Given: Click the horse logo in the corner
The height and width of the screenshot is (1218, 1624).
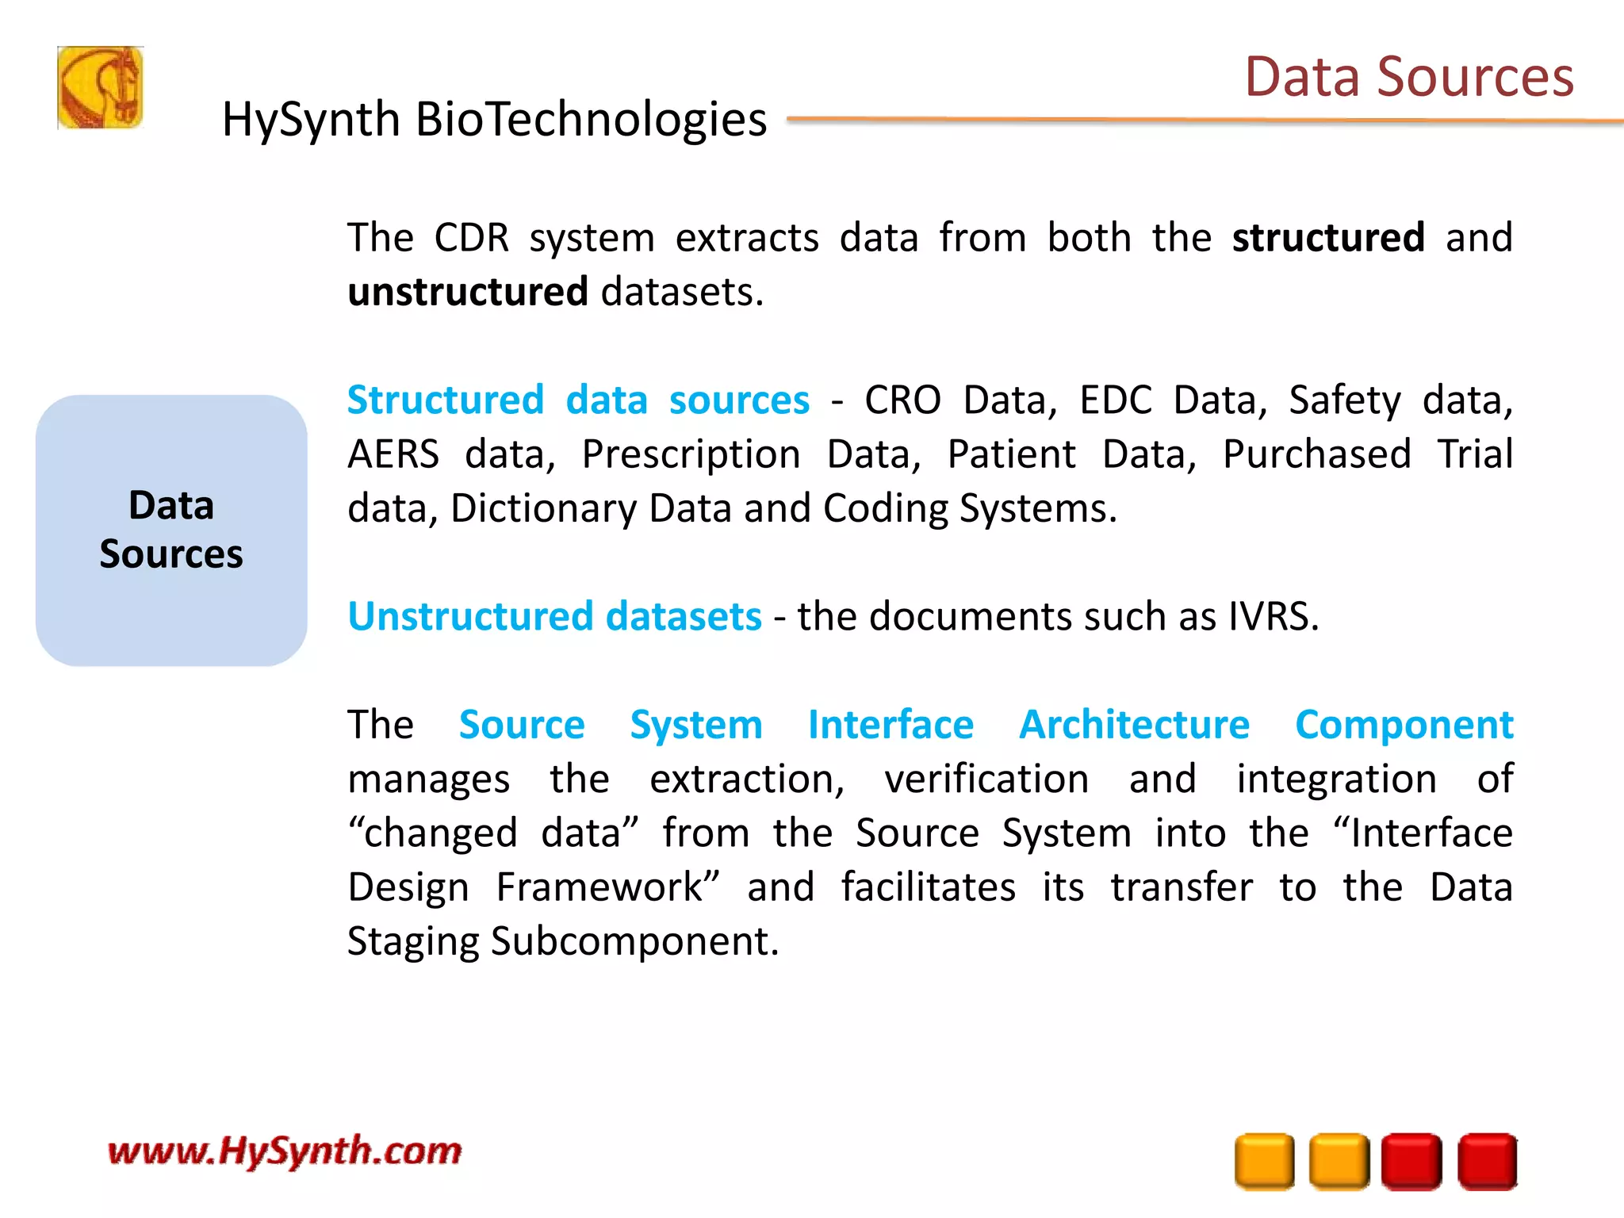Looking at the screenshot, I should point(100,87).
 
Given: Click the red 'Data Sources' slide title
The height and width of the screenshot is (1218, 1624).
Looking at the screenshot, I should point(1408,77).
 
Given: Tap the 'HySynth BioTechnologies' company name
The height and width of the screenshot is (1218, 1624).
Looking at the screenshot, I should point(494,120).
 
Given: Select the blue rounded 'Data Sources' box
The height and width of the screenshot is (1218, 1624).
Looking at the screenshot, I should point(171,530).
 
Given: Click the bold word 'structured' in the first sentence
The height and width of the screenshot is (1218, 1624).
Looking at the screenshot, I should point(1328,238).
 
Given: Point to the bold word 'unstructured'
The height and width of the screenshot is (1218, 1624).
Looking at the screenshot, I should point(468,292).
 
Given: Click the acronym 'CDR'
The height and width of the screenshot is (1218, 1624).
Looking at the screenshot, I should point(472,238).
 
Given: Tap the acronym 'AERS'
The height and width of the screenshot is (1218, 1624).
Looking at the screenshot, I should point(393,454).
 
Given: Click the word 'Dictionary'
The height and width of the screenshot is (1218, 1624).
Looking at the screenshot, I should point(543,508).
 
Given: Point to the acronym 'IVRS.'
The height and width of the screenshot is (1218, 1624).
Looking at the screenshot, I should point(1274,616).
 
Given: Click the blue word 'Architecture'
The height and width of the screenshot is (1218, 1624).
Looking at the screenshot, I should point(1134,725).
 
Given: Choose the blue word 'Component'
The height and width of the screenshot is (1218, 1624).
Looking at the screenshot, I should point(1404,725).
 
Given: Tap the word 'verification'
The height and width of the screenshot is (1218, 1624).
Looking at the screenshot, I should point(986,779).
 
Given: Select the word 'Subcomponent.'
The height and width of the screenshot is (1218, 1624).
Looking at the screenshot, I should point(634,942).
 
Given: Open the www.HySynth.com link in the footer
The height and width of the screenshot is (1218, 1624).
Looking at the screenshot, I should point(285,1151).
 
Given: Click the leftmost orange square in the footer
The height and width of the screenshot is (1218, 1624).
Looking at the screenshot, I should point(1264,1162).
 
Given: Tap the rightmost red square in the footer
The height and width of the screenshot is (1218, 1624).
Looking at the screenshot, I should point(1488,1162).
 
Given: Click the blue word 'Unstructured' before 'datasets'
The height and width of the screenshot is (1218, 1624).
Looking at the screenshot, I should point(470,616).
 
